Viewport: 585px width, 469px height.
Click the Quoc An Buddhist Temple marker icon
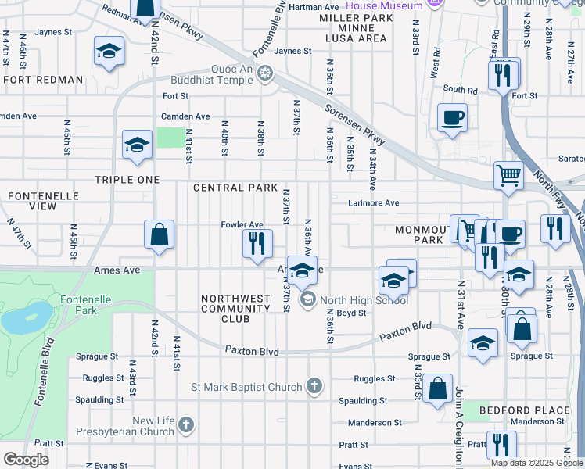point(266,74)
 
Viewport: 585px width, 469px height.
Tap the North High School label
point(364,300)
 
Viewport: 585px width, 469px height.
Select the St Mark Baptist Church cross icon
point(314,387)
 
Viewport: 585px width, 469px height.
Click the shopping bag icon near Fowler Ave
point(159,234)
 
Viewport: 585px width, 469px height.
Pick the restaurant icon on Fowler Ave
point(256,244)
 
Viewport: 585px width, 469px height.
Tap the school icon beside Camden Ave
point(138,145)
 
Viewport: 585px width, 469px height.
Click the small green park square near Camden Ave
point(169,138)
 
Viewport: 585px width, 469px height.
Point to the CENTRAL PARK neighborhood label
point(235,188)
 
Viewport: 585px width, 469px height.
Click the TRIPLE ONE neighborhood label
point(127,180)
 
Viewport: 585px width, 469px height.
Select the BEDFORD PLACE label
point(525,410)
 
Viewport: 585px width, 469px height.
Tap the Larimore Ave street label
point(374,203)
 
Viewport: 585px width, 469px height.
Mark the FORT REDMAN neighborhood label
point(44,80)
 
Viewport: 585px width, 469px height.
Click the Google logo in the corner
point(26,459)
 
